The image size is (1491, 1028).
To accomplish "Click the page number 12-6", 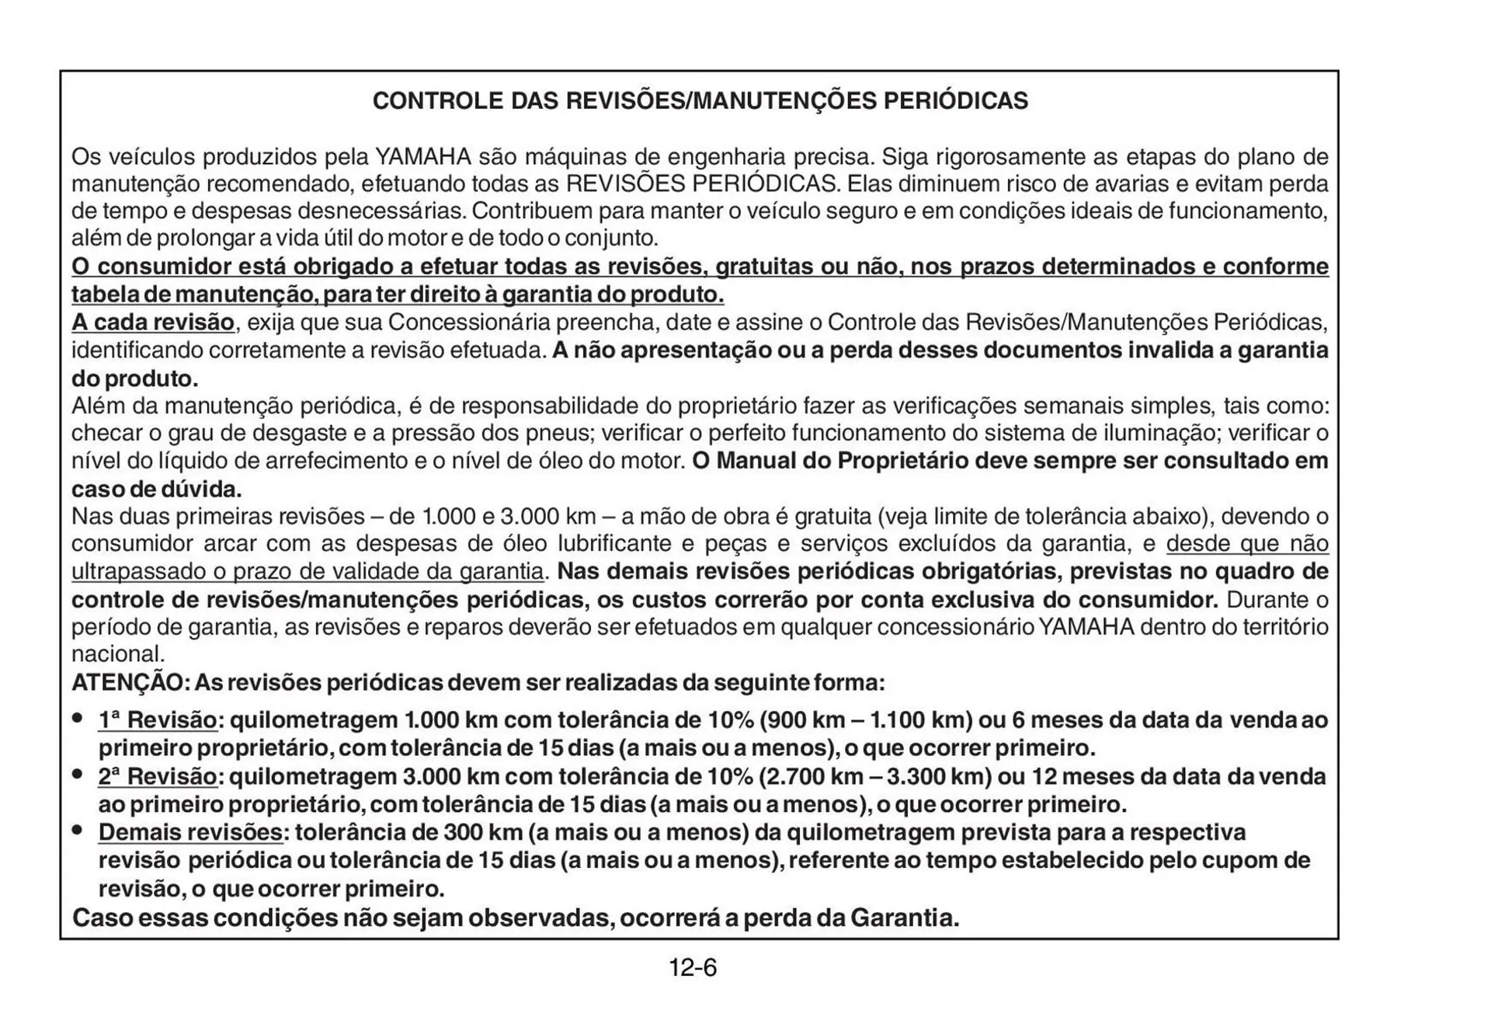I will click(693, 968).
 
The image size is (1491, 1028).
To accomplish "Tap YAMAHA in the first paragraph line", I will click(423, 157).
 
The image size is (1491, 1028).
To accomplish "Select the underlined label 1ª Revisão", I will click(158, 720).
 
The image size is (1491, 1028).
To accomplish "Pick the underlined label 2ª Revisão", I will click(158, 776).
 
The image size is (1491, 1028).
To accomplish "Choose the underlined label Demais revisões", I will click(190, 832).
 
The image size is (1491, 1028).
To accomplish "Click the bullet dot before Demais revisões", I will click(78, 831).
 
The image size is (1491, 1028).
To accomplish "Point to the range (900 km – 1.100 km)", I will click(866, 720).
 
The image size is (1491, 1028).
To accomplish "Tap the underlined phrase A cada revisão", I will click(153, 322).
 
